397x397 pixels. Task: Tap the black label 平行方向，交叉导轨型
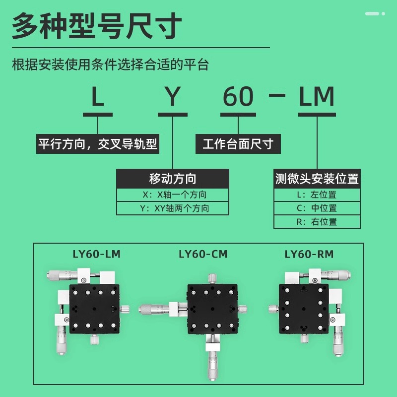(98, 144)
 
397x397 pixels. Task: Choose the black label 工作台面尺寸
(238, 144)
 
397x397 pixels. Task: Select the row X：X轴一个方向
(173, 195)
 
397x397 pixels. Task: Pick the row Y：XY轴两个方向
(173, 208)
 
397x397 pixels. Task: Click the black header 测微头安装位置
(317, 179)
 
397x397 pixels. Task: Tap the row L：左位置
(317, 195)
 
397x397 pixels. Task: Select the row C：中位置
(317, 208)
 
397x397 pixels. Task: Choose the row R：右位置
(317, 222)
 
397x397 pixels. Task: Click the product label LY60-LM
(96, 255)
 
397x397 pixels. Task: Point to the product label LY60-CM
(203, 255)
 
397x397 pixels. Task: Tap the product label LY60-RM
(309, 255)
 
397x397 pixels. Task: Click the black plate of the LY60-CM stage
(212, 308)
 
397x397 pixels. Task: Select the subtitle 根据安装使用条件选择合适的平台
(110, 65)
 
